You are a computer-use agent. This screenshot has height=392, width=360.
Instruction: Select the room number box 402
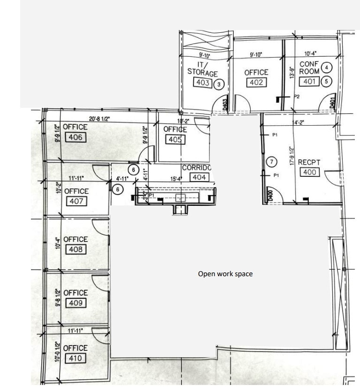point(256,83)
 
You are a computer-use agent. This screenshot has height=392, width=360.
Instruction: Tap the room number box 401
point(308,81)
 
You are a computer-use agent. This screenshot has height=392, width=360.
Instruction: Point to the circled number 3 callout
point(219,84)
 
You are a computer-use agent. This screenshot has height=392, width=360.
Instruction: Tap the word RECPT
point(309,162)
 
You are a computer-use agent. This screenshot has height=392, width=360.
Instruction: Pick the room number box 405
point(176,139)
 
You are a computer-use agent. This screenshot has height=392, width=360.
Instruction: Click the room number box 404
point(199,177)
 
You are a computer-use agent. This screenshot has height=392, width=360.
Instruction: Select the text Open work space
point(225,274)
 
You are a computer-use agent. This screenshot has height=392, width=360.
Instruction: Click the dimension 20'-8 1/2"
point(99,119)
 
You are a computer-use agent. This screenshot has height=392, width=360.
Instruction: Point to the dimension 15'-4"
point(176,179)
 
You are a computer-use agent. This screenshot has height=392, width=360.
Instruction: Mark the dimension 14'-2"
point(299,123)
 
